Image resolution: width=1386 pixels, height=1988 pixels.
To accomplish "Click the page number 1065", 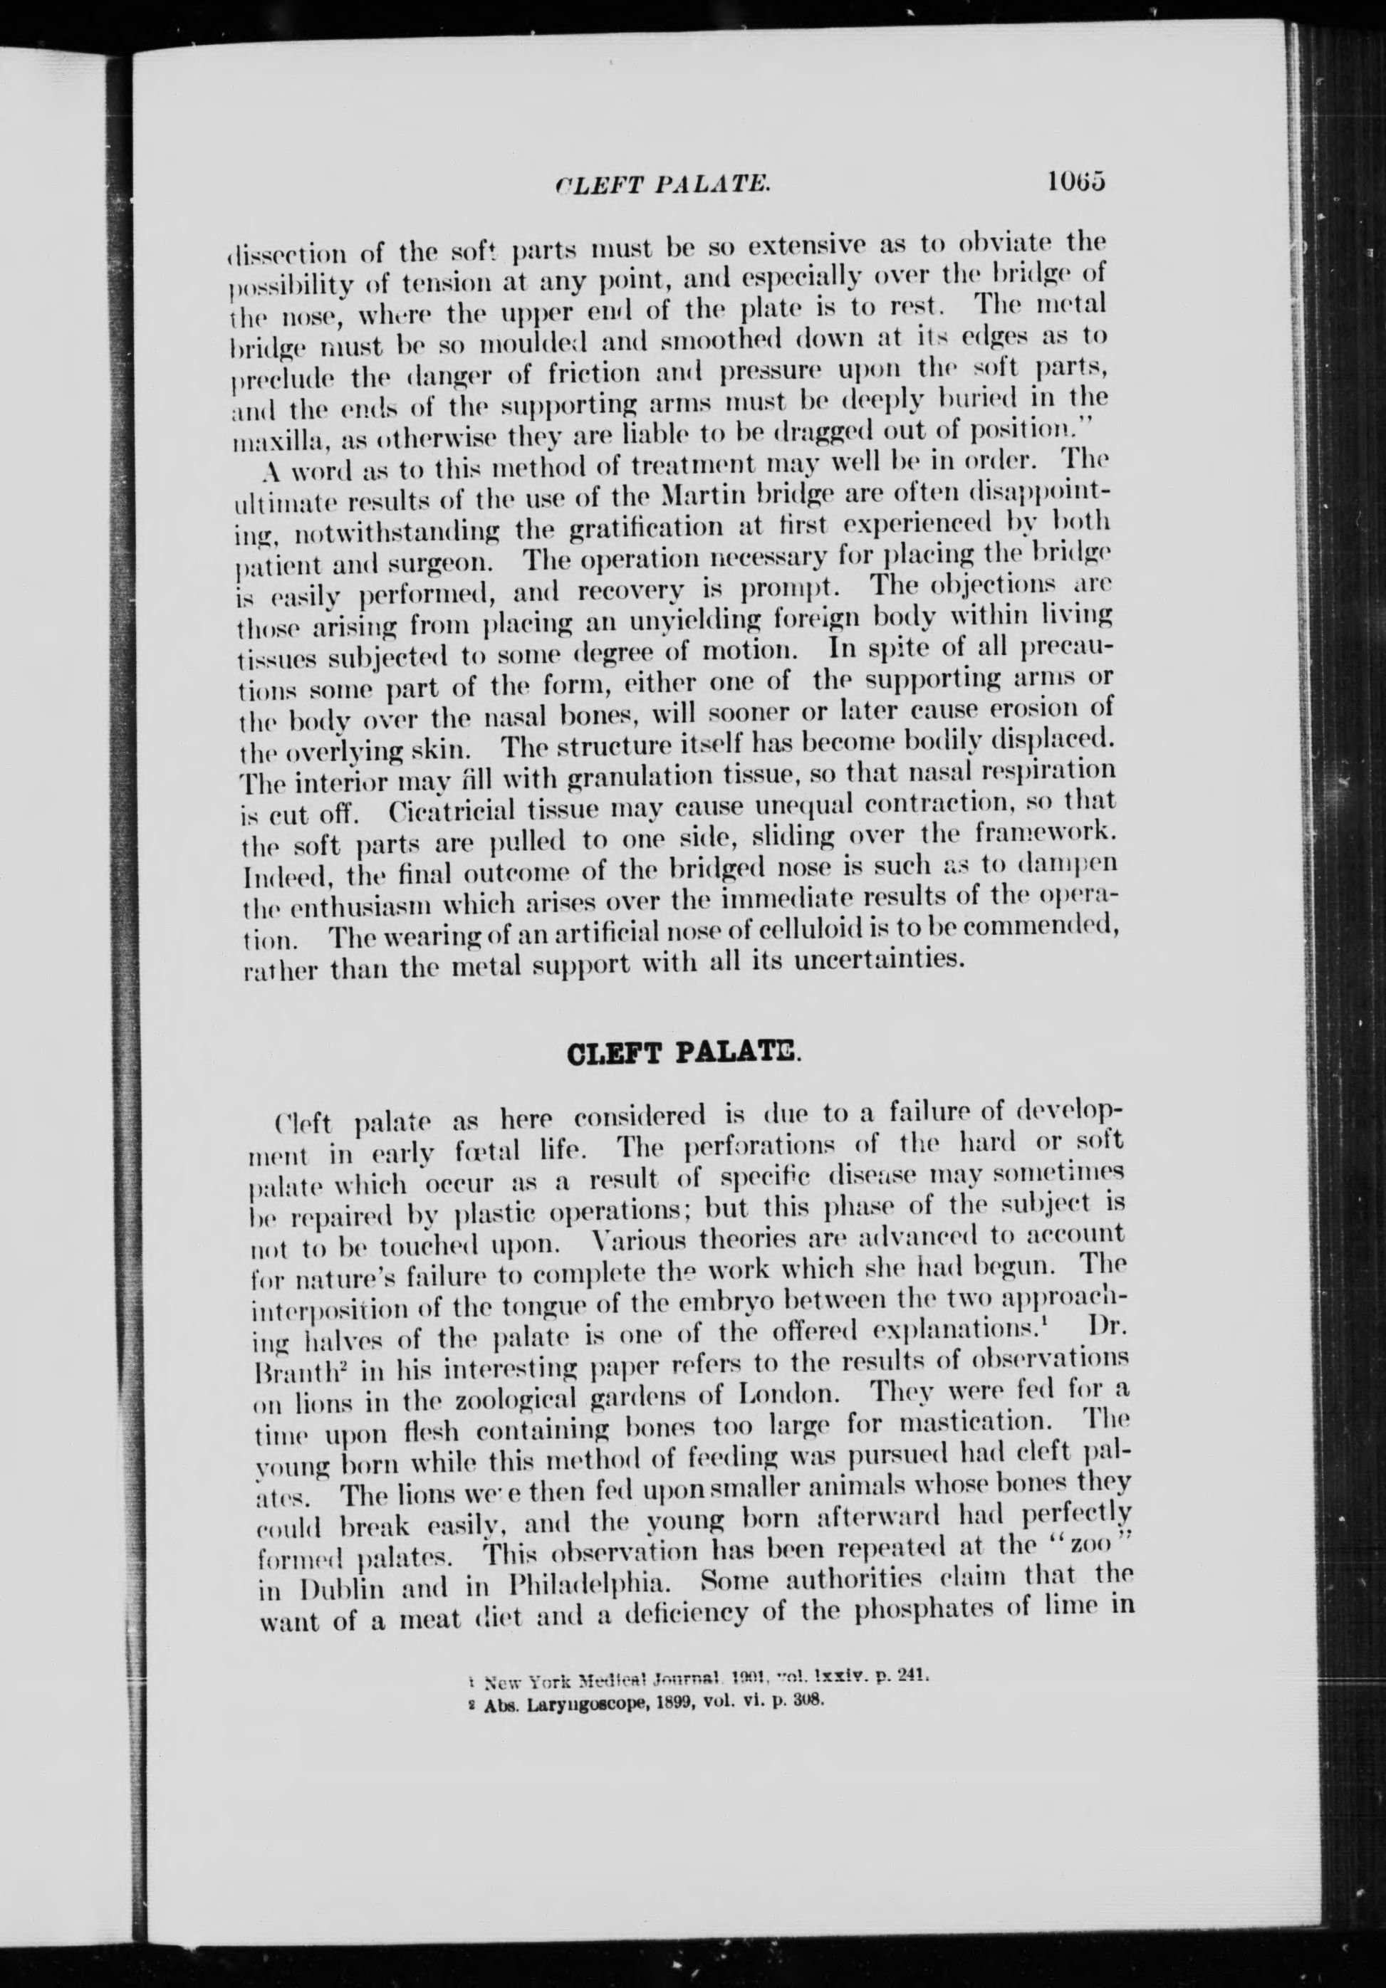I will coord(1077,183).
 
